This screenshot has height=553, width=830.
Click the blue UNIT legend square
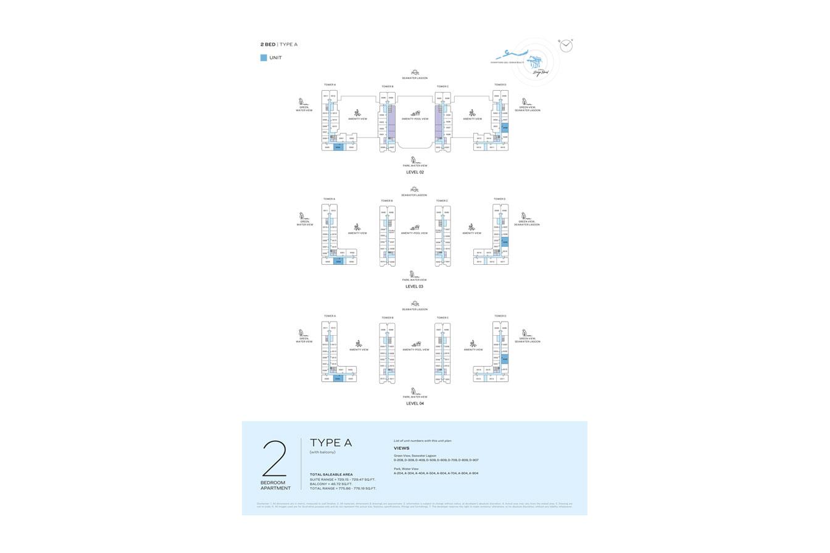[x=264, y=58]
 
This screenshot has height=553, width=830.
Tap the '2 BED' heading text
[x=268, y=44]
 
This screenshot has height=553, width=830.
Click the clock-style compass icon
[x=566, y=46]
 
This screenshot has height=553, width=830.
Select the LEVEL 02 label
[x=415, y=172]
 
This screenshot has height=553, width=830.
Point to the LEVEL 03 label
[x=414, y=286]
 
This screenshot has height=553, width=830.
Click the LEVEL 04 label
[x=415, y=404]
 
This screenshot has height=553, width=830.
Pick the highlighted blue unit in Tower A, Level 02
[x=338, y=147]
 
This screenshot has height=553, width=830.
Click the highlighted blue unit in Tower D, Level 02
[x=505, y=128]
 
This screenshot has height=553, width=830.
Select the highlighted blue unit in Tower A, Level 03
[x=338, y=262]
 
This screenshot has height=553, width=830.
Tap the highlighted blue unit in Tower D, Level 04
[x=505, y=359]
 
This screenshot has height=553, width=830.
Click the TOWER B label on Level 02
[x=387, y=86]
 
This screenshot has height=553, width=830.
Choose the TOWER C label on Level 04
[x=442, y=318]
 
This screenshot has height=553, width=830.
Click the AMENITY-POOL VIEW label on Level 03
[x=414, y=233]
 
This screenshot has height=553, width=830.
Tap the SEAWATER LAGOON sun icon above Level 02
[x=415, y=72]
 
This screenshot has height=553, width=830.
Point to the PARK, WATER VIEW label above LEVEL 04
[x=415, y=397]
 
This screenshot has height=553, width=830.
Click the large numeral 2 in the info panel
[x=275, y=458]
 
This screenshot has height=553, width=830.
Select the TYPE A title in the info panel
[x=331, y=443]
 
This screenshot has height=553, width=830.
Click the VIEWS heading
[x=401, y=448]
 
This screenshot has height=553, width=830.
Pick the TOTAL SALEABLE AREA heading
[x=331, y=475]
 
